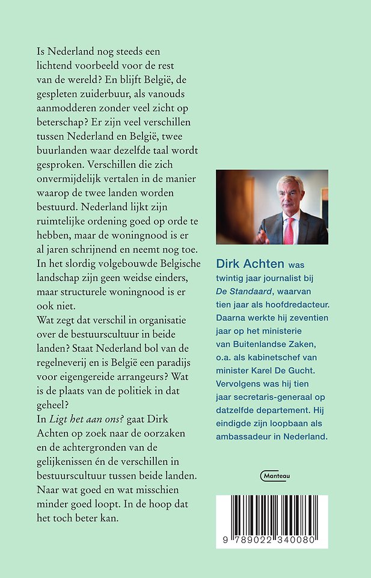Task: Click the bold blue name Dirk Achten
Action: click(x=250, y=264)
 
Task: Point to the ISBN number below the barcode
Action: click(x=272, y=542)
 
